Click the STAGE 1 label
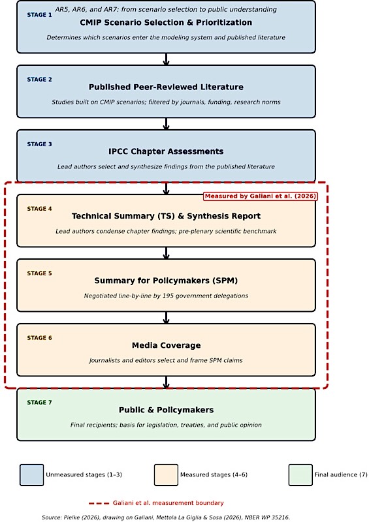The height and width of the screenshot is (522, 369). click(x=39, y=15)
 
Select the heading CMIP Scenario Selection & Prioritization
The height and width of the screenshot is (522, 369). click(x=166, y=23)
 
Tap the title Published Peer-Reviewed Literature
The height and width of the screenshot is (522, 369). click(x=166, y=87)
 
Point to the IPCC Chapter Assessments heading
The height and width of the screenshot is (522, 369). click(x=166, y=151)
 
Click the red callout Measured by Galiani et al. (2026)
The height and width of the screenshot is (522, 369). click(x=261, y=196)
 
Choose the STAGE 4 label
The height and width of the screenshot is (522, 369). click(x=39, y=209)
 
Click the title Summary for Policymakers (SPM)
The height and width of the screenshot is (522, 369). click(x=166, y=281)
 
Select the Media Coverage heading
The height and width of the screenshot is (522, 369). click(x=167, y=345)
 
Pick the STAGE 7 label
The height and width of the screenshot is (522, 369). click(x=39, y=403)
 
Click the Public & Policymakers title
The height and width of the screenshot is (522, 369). click(x=166, y=410)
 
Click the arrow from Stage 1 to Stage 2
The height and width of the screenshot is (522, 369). click(x=166, y=59)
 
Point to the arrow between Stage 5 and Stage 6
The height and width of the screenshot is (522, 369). click(x=166, y=318)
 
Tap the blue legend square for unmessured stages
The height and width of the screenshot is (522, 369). click(x=31, y=475)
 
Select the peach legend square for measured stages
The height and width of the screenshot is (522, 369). click(x=166, y=475)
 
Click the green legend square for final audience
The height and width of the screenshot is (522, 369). click(x=300, y=475)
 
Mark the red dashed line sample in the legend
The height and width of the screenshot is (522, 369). click(x=99, y=503)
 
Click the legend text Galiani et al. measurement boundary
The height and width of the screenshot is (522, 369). click(x=168, y=503)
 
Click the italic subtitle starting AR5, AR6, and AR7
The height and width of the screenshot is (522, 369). click(x=166, y=9)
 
